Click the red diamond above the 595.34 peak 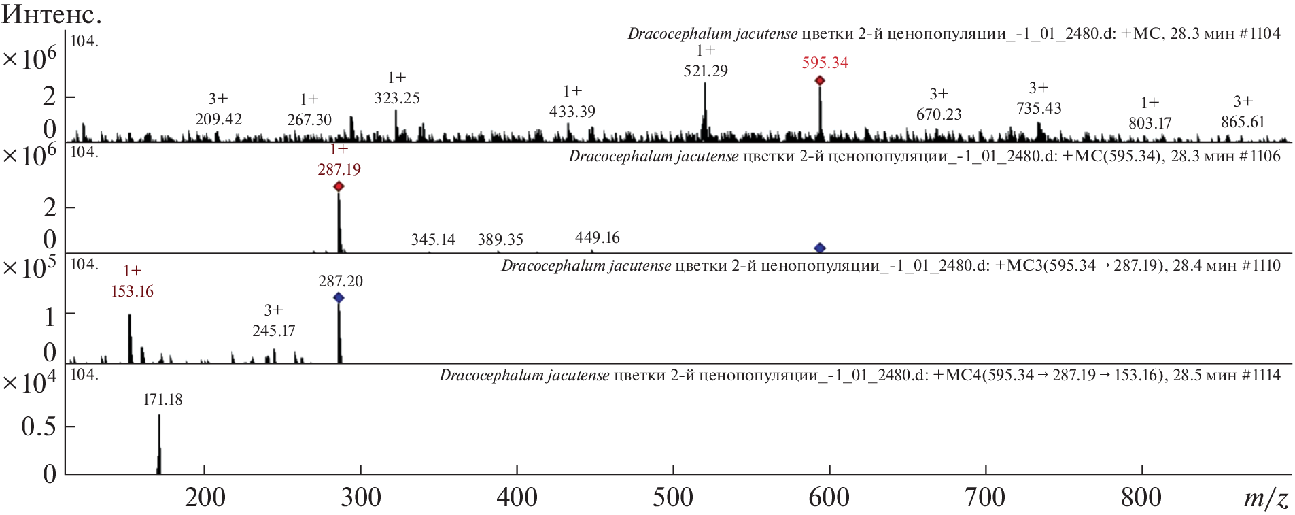click(x=820, y=80)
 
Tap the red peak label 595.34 click(x=825, y=63)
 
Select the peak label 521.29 click(x=705, y=71)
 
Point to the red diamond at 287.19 click(x=339, y=186)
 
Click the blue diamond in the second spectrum click(x=820, y=248)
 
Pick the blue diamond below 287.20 click(x=339, y=297)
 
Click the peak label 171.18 click(x=162, y=400)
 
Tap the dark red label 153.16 click(x=132, y=291)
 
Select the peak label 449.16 click(x=597, y=237)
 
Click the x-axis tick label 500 click(x=673, y=497)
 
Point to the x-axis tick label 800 click(x=1141, y=497)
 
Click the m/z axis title click(x=1265, y=499)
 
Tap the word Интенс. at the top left click(x=51, y=14)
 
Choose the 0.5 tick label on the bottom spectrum click(x=38, y=427)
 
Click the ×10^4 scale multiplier click(x=29, y=383)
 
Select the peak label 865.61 click(x=1243, y=122)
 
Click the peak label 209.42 click(x=218, y=119)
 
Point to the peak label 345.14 click(x=433, y=239)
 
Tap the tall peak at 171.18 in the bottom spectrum click(x=159, y=442)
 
